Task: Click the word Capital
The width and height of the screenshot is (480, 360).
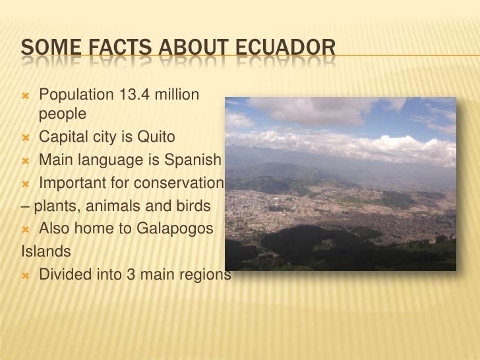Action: pos(62,137)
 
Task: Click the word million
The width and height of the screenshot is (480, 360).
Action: pos(177,96)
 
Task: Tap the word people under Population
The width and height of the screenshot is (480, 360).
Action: pos(63,114)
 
